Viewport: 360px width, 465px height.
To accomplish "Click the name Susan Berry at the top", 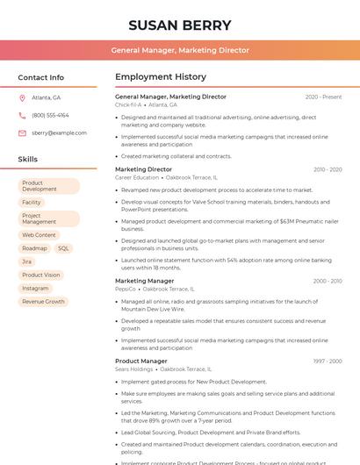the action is [179, 25].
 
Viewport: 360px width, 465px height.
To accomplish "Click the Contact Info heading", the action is [40, 77].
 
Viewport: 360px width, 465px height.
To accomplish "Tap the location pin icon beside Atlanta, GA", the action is [22, 97].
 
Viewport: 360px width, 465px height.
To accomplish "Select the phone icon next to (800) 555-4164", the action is [22, 115].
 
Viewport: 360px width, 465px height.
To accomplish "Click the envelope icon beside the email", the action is [22, 132].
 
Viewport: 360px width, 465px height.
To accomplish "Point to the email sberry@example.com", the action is [59, 132].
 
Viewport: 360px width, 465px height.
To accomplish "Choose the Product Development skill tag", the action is [47, 186].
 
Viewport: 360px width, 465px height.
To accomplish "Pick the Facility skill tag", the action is [32, 202].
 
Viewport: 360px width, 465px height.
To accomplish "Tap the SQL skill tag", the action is [63, 248].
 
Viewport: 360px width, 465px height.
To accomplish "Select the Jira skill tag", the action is [27, 261].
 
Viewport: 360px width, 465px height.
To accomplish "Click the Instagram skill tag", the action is [36, 288].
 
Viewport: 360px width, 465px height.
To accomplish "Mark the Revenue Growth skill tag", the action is [44, 301].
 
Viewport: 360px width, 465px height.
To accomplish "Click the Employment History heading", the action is [161, 77].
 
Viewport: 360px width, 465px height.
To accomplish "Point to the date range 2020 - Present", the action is [323, 97].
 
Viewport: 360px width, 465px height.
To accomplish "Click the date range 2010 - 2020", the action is [327, 169].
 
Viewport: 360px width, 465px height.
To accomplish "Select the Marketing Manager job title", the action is [144, 281].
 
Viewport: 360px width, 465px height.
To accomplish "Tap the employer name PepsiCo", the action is [126, 289].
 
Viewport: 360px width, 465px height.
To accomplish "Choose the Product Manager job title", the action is [140, 361].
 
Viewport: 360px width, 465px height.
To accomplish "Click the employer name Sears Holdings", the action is [133, 369].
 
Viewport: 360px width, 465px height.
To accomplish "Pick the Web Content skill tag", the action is [39, 235].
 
